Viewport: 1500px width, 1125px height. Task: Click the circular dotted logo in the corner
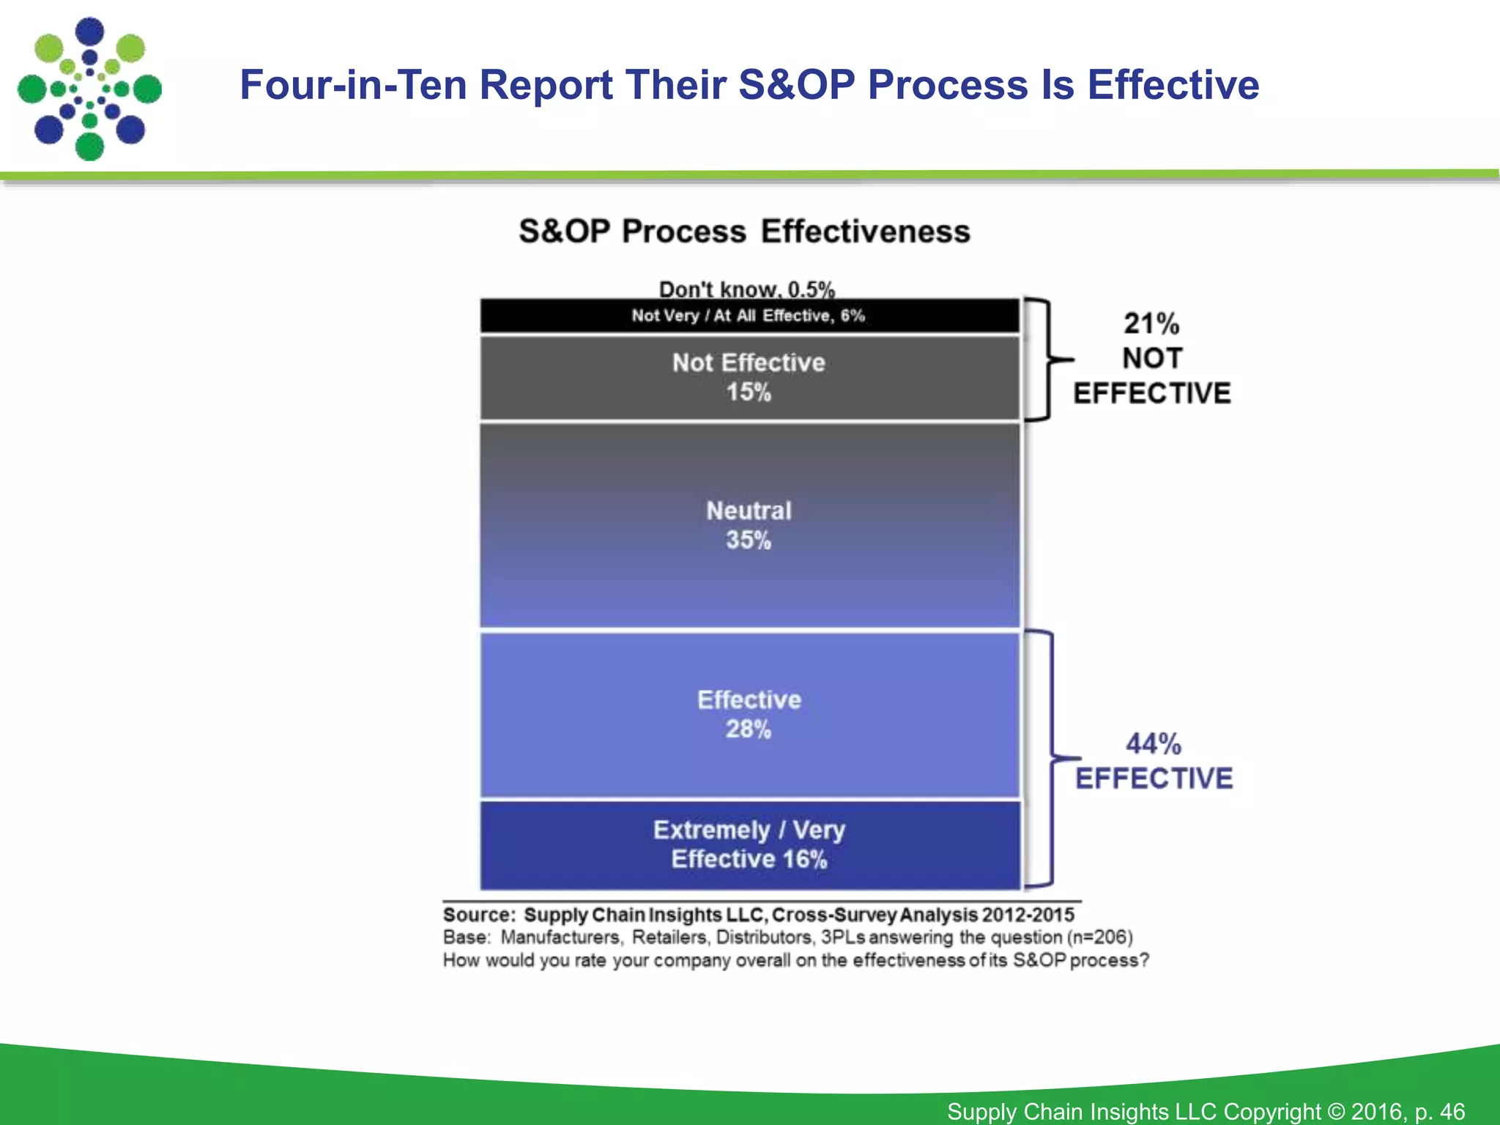(89, 89)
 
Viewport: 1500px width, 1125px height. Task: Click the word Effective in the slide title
(1173, 85)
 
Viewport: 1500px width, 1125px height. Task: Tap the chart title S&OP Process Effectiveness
(744, 231)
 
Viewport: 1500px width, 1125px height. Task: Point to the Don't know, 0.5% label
(746, 289)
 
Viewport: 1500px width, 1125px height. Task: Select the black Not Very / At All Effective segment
(749, 316)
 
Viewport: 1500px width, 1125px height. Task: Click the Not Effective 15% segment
(749, 378)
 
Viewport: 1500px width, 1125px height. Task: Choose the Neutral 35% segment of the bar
(749, 525)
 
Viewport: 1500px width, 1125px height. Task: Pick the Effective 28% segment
(749, 714)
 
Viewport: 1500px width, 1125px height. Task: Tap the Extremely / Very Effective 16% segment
(749, 844)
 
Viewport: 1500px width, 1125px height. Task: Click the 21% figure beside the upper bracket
(1151, 324)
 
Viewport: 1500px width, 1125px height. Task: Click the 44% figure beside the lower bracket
(1153, 744)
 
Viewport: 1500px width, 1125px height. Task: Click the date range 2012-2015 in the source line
(1028, 915)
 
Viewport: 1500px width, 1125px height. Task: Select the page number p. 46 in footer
(1440, 1111)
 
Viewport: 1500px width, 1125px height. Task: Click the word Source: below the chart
(479, 915)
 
